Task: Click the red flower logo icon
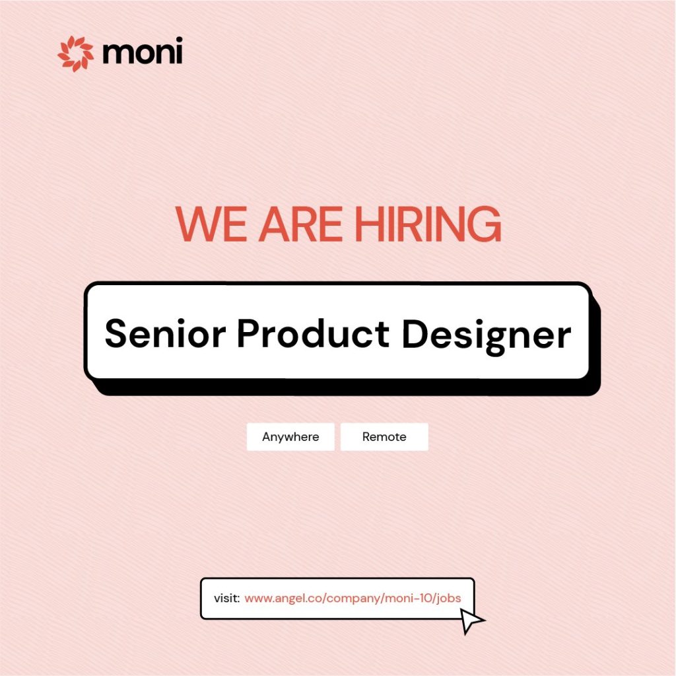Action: click(x=75, y=54)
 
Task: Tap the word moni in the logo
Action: click(x=143, y=51)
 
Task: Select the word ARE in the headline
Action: click(x=300, y=224)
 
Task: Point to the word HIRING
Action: click(x=428, y=224)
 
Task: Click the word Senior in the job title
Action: click(x=165, y=333)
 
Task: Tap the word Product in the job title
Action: click(x=314, y=333)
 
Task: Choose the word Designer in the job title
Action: click(x=487, y=337)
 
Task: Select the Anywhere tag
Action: click(x=290, y=437)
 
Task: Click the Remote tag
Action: click(x=384, y=437)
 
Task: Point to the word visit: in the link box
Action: click(x=227, y=598)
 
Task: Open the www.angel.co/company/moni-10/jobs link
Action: click(x=353, y=598)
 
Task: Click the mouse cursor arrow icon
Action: click(x=470, y=620)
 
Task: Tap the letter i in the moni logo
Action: click(x=179, y=50)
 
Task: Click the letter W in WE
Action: click(x=199, y=224)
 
